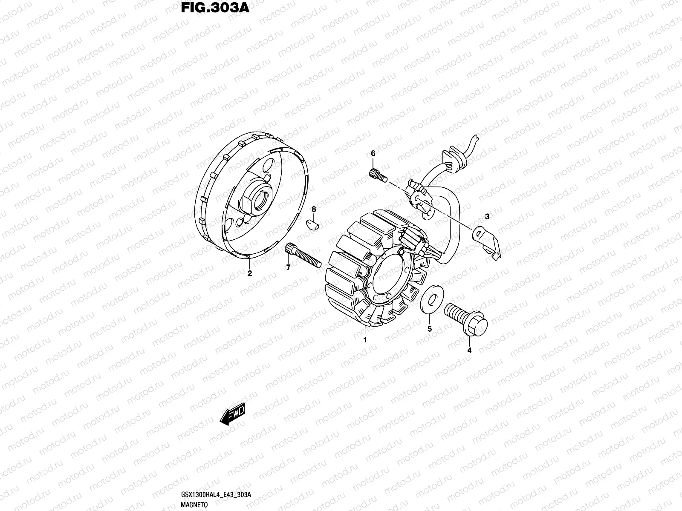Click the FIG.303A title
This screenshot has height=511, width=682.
tap(215, 8)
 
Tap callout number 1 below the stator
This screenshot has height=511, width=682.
tap(365, 340)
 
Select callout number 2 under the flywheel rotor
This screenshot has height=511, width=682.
tap(249, 274)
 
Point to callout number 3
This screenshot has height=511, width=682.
tap(487, 217)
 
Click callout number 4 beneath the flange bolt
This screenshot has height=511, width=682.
tap(469, 350)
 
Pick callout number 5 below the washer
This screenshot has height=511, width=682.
tap(430, 329)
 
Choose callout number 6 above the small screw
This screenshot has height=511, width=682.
tap(373, 153)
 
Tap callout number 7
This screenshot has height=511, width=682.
tap(288, 267)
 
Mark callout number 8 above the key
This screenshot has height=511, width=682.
tap(314, 210)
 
